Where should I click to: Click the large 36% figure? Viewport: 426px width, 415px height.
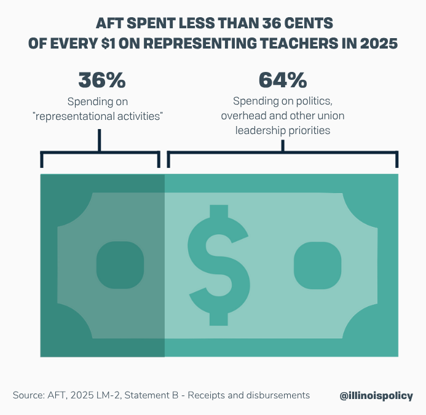click(x=101, y=81)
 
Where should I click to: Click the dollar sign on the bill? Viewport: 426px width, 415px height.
click(x=219, y=265)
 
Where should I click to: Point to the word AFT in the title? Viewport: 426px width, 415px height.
click(x=109, y=23)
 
